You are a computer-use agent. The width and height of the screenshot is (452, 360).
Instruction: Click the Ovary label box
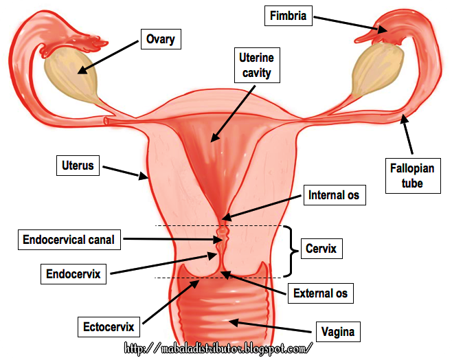[x=160, y=39]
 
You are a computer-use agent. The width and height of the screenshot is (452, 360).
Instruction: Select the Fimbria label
[x=288, y=16]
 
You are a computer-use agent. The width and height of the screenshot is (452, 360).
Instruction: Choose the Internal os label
[x=334, y=195]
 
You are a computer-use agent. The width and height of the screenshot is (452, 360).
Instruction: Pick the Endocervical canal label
[x=68, y=240]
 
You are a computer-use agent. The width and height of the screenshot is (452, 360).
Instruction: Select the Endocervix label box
[x=74, y=274]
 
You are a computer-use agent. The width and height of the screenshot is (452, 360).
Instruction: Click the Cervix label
[x=321, y=248]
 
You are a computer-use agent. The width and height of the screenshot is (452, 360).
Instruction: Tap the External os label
[x=320, y=293]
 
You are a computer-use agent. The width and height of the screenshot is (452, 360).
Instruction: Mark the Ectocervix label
[x=109, y=325]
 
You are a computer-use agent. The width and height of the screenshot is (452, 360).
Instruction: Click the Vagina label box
[x=338, y=332]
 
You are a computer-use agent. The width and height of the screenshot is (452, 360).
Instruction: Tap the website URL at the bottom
[x=218, y=348]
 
